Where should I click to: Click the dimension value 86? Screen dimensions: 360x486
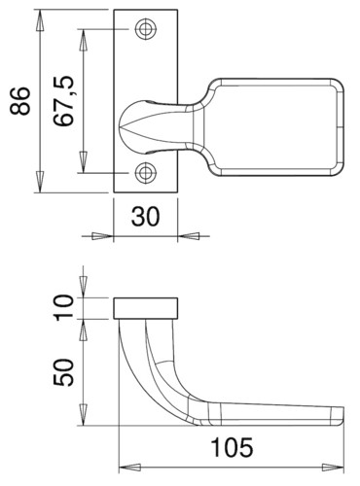point(19,101)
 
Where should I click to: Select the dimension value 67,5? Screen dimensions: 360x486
point(64,101)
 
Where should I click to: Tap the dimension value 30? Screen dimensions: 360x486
point(146,217)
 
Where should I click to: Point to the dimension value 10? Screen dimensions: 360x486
point(63,308)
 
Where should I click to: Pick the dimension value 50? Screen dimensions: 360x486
point(63,372)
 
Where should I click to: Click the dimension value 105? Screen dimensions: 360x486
point(232,447)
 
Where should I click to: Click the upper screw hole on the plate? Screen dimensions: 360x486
point(146,29)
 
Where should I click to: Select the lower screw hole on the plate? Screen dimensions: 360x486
point(146,172)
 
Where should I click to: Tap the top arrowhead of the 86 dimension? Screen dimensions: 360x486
point(40,20)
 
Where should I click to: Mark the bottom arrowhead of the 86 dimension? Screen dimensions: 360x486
point(40,182)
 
